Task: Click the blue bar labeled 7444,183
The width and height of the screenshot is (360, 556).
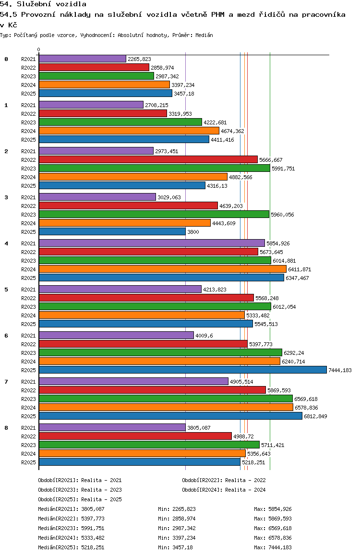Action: point(182,370)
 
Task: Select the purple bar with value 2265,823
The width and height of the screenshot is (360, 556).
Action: point(82,59)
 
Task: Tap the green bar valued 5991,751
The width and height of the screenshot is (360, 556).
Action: point(154,168)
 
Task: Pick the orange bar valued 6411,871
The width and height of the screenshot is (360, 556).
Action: point(162,269)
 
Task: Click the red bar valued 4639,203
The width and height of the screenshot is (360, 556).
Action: point(128,205)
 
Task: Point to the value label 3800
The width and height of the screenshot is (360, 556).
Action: point(193,232)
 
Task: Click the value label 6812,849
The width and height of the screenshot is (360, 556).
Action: point(315,416)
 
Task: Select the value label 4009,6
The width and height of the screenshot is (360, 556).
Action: point(204,336)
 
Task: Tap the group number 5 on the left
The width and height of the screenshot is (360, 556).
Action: point(6,290)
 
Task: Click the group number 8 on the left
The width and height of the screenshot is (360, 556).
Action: point(6,428)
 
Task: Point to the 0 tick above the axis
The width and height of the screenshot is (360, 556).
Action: point(39,50)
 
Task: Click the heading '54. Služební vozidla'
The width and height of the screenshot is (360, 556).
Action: point(43,4)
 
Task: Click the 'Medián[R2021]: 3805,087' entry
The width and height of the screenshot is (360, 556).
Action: point(71,509)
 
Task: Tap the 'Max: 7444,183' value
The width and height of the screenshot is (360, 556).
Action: point(273,547)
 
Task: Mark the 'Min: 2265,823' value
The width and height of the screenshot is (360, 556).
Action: point(177,509)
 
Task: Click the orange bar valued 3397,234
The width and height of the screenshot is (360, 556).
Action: point(104,85)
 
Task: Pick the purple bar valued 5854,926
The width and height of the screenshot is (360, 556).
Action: point(152,243)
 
